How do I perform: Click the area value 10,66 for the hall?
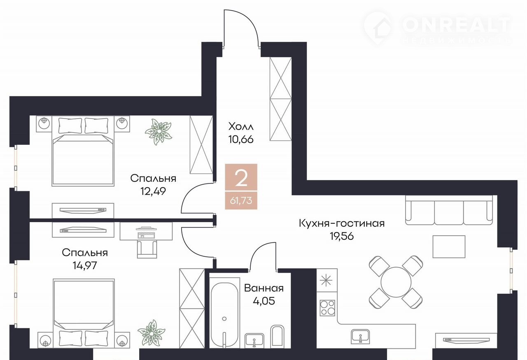pos(241,139)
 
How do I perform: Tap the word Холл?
pos(241,127)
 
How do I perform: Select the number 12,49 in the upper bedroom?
pos(153,191)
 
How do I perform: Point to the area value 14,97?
pos(85,265)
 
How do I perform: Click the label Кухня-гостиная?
pos(342,223)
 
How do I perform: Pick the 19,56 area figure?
pos(342,236)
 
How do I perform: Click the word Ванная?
pos(264,288)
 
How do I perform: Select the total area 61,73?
pos(241,201)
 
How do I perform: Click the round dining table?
pos(396,282)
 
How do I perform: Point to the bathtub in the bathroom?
pos(224,315)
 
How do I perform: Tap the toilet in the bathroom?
pos(277,337)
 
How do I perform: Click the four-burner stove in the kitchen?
pos(327,308)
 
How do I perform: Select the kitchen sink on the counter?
pos(360,337)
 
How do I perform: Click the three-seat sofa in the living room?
pos(449,210)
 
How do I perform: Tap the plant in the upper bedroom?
pos(159,132)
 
